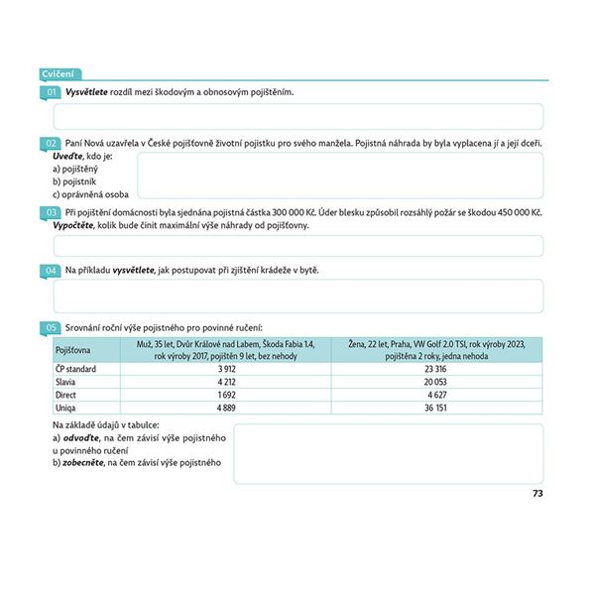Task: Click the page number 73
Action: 537,493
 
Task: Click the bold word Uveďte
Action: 67,157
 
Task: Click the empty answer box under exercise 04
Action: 297,297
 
